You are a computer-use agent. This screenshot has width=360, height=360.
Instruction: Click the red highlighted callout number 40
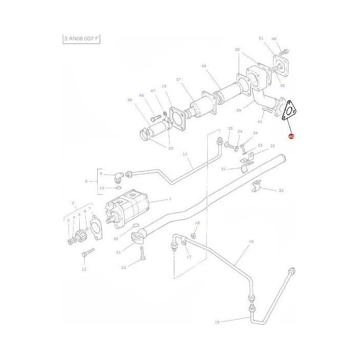291,137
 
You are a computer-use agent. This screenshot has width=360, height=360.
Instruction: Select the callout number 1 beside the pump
170,200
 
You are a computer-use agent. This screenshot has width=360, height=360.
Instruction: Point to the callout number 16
251,241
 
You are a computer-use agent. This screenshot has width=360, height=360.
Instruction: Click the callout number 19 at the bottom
217,322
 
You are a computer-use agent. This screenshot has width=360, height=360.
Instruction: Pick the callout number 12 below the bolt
84,269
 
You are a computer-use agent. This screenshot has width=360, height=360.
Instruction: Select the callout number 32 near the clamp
281,191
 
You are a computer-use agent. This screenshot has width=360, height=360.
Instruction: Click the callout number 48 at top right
274,39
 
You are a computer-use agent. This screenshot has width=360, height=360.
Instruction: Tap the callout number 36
130,100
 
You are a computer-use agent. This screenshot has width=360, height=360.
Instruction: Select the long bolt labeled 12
88,253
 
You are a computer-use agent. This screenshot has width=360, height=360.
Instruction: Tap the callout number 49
204,66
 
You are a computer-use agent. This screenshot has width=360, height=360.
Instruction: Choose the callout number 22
123,268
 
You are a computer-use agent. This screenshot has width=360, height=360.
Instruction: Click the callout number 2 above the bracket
74,203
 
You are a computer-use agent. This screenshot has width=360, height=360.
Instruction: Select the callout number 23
273,146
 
